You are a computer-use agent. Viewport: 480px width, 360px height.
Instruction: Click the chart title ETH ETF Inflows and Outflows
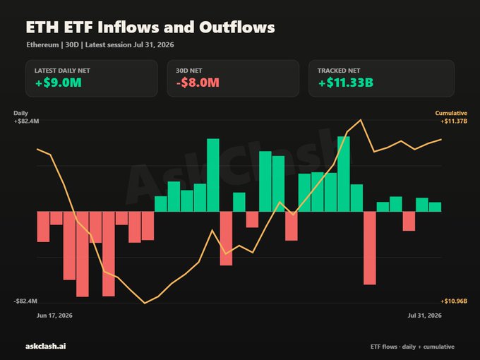pyautogui.click(x=150, y=27)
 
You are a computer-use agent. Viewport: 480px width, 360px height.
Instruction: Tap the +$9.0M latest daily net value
pyautogui.click(x=59, y=83)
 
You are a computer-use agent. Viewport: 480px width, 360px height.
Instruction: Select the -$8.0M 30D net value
pyautogui.click(x=198, y=83)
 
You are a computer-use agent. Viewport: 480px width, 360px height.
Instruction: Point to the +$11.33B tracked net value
pyautogui.click(x=346, y=83)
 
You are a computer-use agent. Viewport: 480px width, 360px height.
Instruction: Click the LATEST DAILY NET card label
pyautogui.click(x=62, y=71)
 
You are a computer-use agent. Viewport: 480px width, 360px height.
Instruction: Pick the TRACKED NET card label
pyautogui.click(x=339, y=71)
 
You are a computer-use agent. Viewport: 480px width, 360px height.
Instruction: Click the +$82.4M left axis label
pyautogui.click(x=26, y=121)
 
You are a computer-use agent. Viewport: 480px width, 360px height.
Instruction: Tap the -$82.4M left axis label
pyautogui.click(x=25, y=301)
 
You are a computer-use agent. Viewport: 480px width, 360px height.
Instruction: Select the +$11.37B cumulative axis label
pyautogui.click(x=454, y=121)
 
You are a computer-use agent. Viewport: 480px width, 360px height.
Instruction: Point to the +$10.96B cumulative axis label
pyautogui.click(x=454, y=301)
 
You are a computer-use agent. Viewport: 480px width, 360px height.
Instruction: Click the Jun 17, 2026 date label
pyautogui.click(x=54, y=316)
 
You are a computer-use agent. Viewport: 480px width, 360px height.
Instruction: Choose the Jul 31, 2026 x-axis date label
pyautogui.click(x=425, y=316)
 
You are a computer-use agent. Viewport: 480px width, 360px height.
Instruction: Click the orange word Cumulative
pyautogui.click(x=451, y=113)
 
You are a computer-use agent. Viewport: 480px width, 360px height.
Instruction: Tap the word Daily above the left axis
pyautogui.click(x=20, y=113)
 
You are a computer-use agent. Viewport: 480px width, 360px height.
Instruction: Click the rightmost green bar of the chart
pyautogui.click(x=435, y=207)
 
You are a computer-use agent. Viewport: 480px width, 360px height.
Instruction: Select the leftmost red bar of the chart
pyautogui.click(x=43, y=227)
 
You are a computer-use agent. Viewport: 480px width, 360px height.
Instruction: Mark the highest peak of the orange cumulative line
pyautogui.click(x=361, y=120)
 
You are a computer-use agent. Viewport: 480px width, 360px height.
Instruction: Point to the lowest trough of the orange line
pyautogui.click(x=145, y=304)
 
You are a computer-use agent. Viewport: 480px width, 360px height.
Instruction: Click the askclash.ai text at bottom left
pyautogui.click(x=46, y=346)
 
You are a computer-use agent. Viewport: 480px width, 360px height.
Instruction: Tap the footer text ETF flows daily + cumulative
pyautogui.click(x=412, y=347)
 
